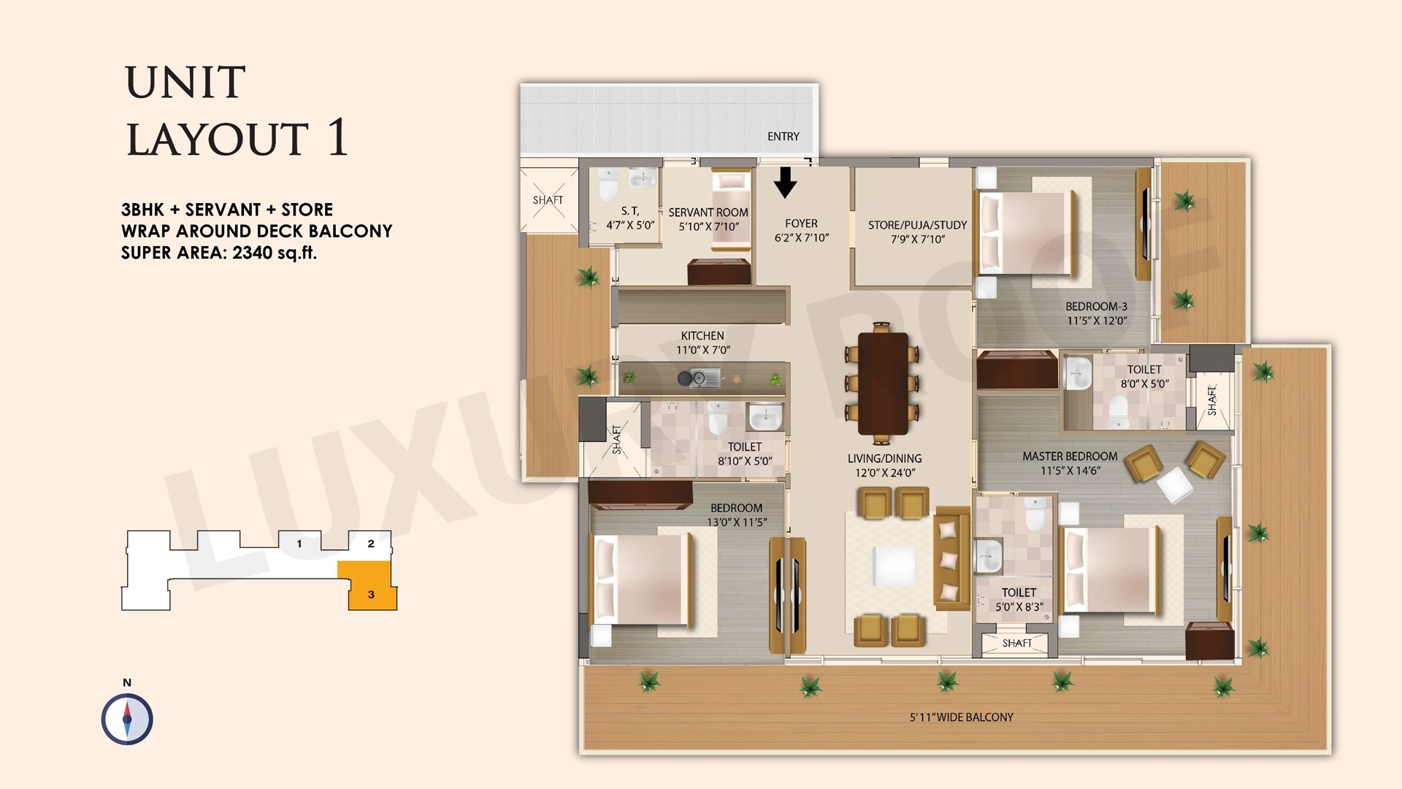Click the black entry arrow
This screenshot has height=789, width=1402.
785,183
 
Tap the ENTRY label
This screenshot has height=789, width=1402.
783,137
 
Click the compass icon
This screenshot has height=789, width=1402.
127,719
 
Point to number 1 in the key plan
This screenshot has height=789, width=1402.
299,544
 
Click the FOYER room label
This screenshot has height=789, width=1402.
801,224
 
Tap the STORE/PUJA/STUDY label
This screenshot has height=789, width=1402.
917,225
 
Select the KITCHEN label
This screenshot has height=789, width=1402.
702,336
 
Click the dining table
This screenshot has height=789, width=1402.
883,384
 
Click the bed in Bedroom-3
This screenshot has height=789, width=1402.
1027,234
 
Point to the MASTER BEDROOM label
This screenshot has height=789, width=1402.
1070,457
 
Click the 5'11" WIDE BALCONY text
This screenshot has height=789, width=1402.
962,717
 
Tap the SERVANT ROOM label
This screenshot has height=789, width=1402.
708,213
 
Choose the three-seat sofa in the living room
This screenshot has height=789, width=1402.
951,558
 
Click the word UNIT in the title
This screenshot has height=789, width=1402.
185,82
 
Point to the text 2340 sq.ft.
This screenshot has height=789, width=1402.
275,253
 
